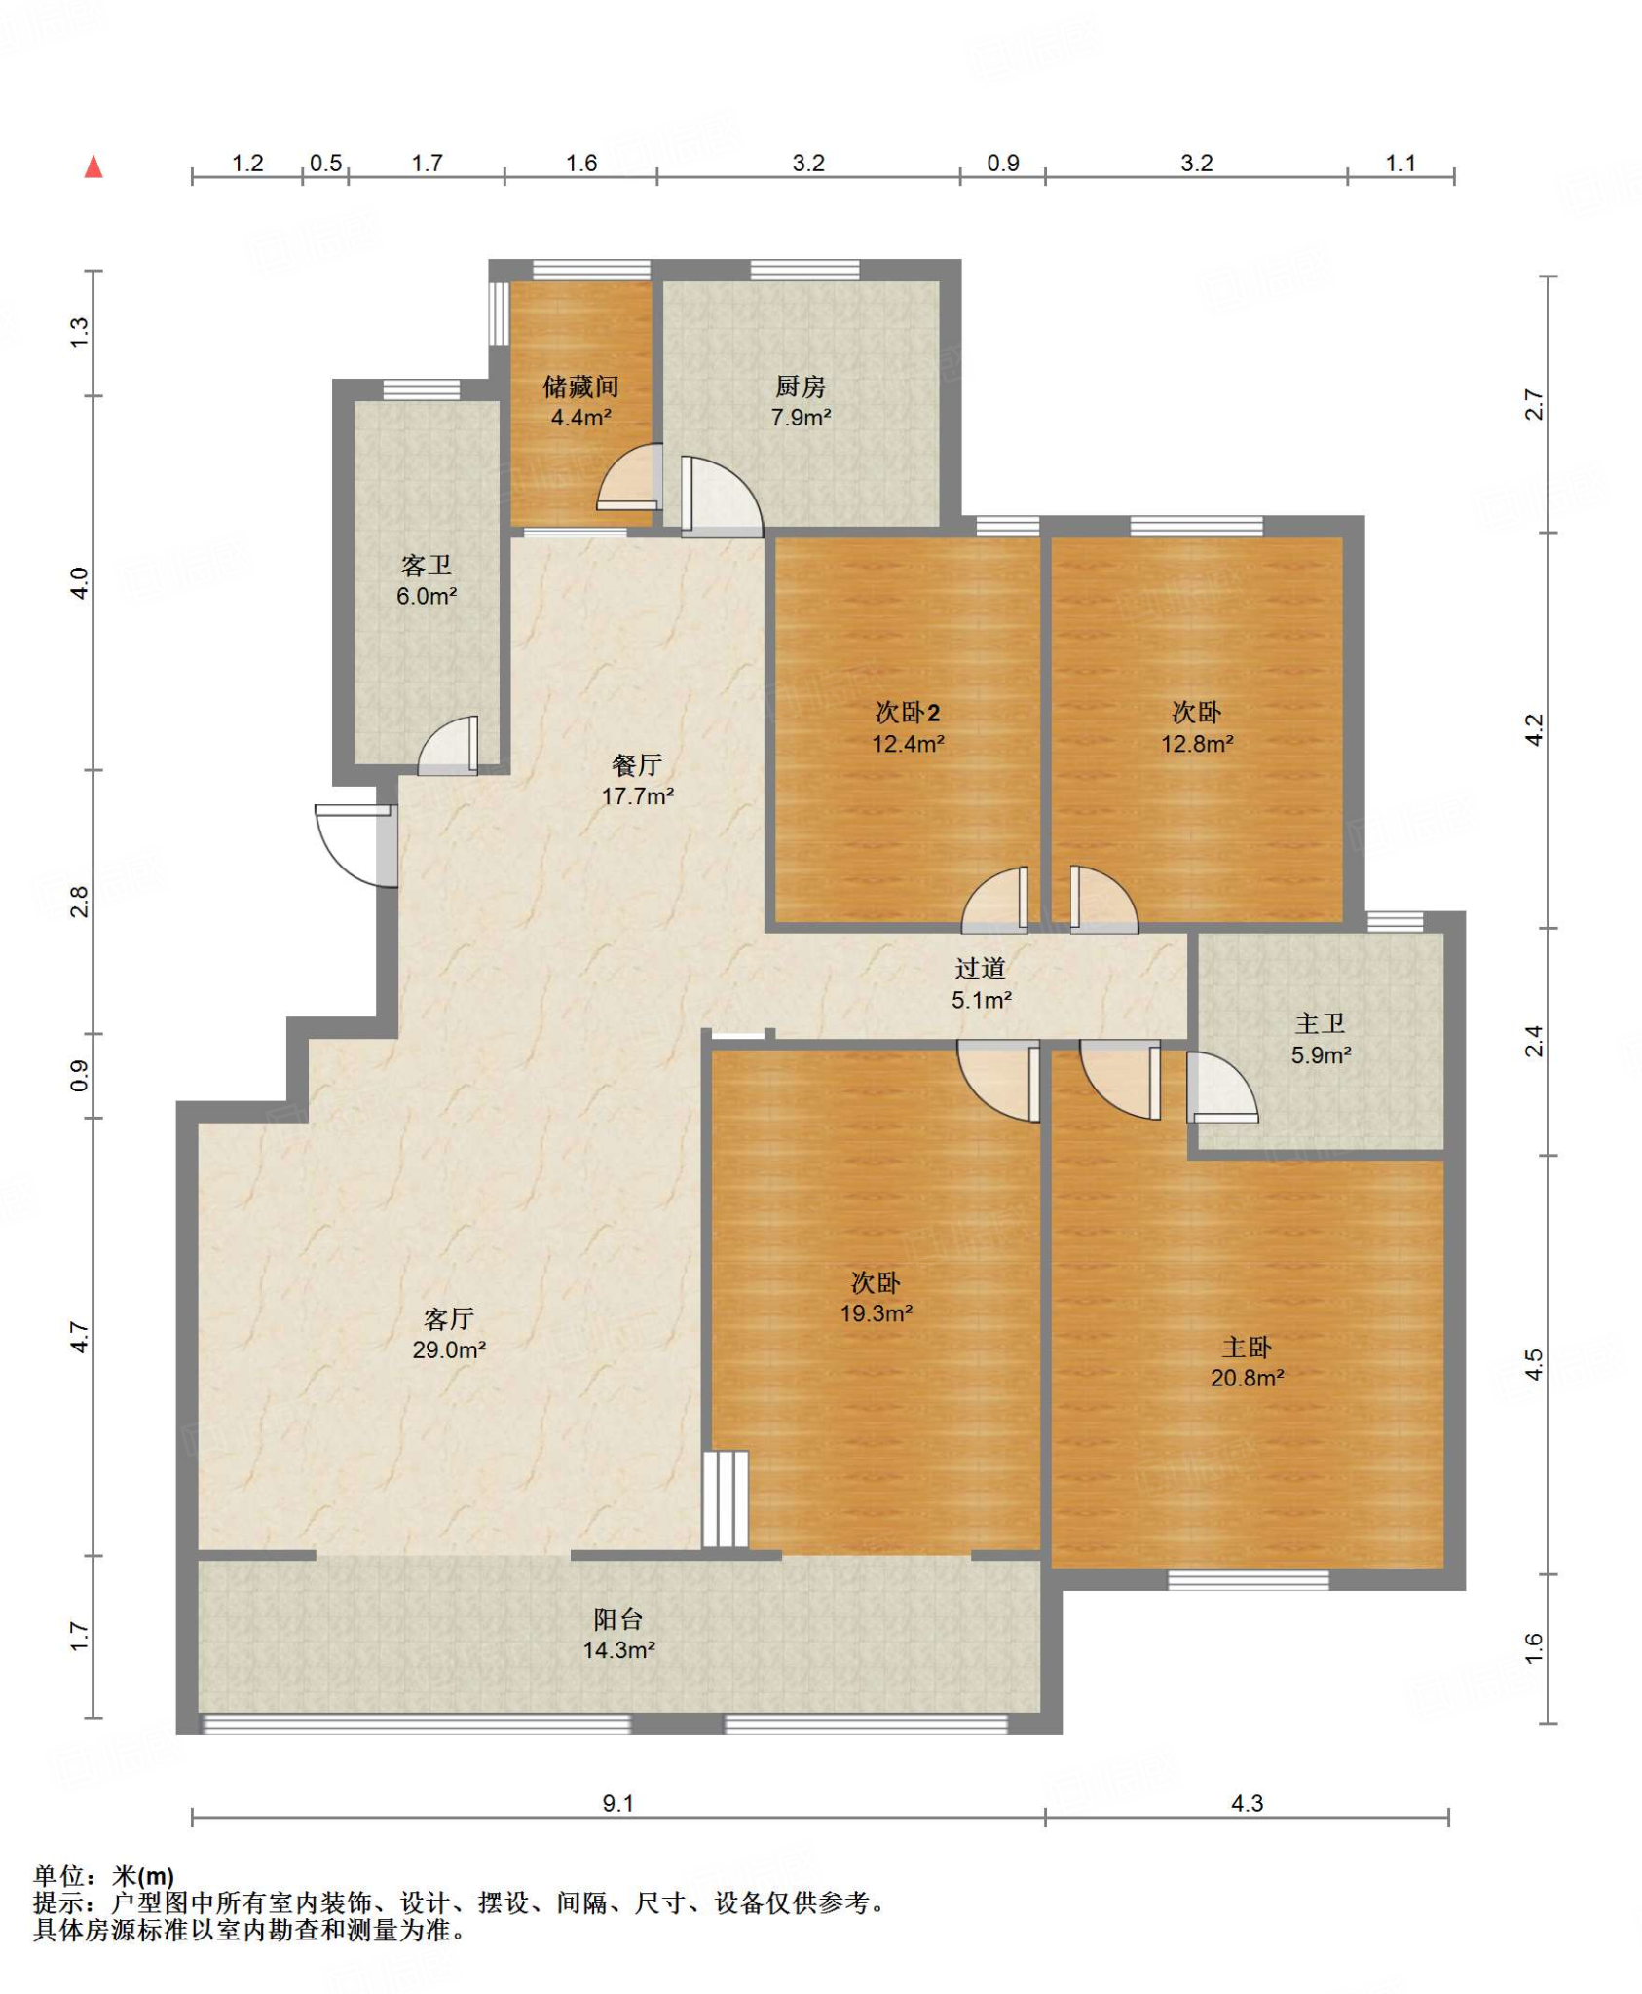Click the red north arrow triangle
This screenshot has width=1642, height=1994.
click(93, 166)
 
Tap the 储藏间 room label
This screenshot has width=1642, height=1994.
click(580, 387)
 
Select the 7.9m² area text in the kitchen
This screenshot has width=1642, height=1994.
click(801, 418)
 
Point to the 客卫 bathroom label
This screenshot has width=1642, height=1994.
click(427, 566)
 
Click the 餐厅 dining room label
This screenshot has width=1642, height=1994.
click(637, 765)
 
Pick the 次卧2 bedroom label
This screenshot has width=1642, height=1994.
click(908, 713)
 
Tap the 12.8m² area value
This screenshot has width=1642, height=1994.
click(1197, 744)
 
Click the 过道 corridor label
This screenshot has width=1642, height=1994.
click(980, 968)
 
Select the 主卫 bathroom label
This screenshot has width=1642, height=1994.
click(1320, 1023)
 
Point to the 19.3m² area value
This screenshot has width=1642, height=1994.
click(877, 1313)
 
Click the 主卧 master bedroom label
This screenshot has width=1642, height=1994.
click(1247, 1348)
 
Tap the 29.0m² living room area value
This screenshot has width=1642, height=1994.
click(449, 1349)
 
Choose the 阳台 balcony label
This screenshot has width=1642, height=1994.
click(618, 1619)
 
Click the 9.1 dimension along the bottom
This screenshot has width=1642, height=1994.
click(618, 1803)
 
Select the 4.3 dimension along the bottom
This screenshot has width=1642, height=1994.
click(1247, 1803)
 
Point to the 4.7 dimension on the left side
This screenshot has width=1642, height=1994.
click(80, 1337)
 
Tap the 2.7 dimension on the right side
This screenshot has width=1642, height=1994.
click(1534, 404)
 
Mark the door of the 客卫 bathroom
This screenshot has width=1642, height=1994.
click(448, 746)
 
